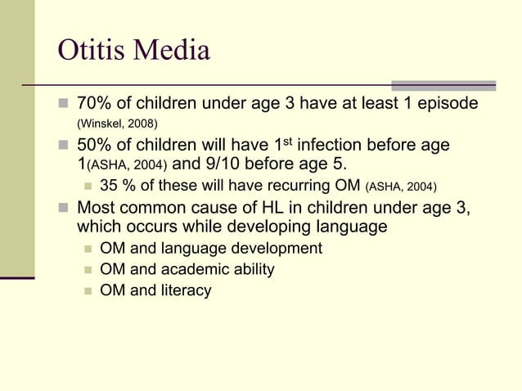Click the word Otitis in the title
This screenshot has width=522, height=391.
88,51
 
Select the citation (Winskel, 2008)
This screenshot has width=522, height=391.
117,124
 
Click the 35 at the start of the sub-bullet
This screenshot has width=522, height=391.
108,186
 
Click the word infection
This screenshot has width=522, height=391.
336,146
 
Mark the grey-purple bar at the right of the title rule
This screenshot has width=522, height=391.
443,85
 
